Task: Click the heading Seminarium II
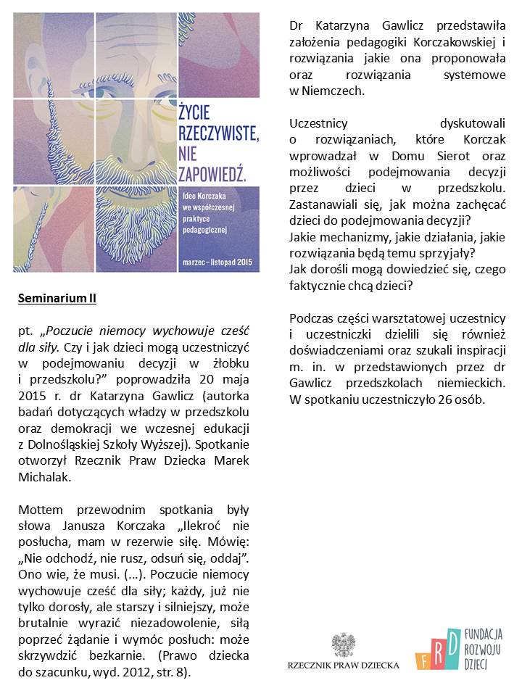pyautogui.click(x=57, y=298)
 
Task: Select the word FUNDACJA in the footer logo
pyautogui.click(x=484, y=633)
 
